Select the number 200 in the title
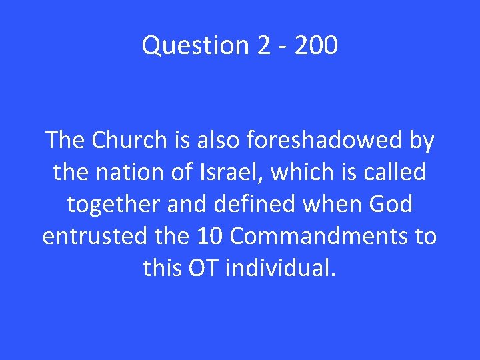pos(315,45)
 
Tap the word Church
pos(129,141)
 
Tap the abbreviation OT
pos(204,268)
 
